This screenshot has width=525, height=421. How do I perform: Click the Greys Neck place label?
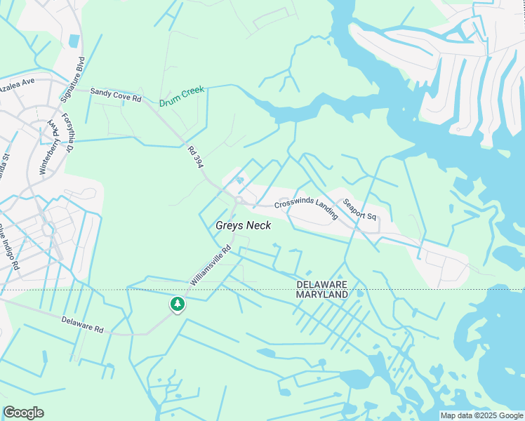point(243,225)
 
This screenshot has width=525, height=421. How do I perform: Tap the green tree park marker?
point(178,305)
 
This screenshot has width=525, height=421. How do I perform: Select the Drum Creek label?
point(181,96)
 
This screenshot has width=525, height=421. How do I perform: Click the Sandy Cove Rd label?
point(116,95)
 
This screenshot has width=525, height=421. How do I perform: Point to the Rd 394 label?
point(195,156)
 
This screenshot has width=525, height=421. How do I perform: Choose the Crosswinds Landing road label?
point(306,207)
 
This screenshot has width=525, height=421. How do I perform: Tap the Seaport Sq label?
point(360,209)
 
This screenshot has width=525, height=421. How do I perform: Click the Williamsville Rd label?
point(211,265)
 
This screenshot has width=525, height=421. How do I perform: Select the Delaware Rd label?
point(82,323)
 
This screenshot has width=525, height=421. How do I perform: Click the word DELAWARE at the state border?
point(322,284)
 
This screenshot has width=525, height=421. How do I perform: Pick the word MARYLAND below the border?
point(322,295)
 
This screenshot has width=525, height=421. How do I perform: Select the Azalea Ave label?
point(17,83)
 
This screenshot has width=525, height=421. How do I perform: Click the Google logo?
point(23,413)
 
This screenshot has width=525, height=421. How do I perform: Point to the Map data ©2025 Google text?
point(481,415)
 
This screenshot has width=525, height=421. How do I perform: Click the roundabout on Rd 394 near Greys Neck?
point(239,201)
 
